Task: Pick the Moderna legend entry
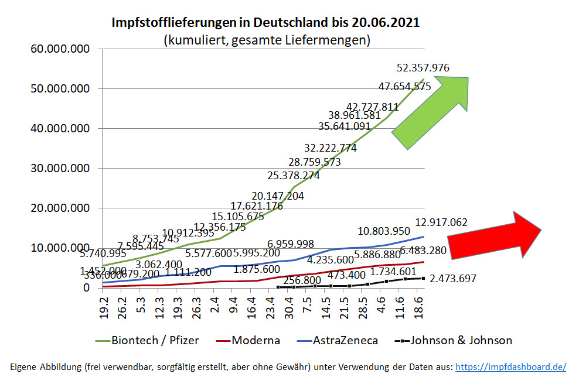tap(256, 341)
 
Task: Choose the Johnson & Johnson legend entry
tap(461, 341)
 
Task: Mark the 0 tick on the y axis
tap(86, 288)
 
